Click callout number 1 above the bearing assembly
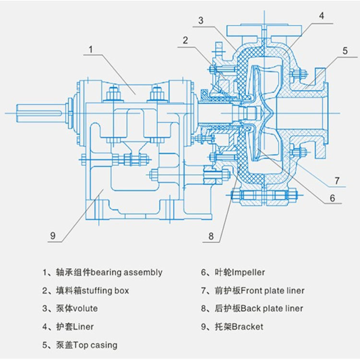[91, 49]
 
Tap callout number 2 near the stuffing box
[185, 40]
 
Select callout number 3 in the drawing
[201, 21]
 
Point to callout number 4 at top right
[322, 16]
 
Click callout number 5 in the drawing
[345, 51]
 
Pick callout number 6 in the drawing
[332, 198]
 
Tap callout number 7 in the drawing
[337, 180]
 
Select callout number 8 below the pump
[211, 236]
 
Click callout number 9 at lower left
[53, 236]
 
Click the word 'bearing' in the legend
[106, 273]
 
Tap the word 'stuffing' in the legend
[97, 291]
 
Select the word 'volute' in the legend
[85, 308]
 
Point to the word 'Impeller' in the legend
[249, 273]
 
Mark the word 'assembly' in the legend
[143, 273]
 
